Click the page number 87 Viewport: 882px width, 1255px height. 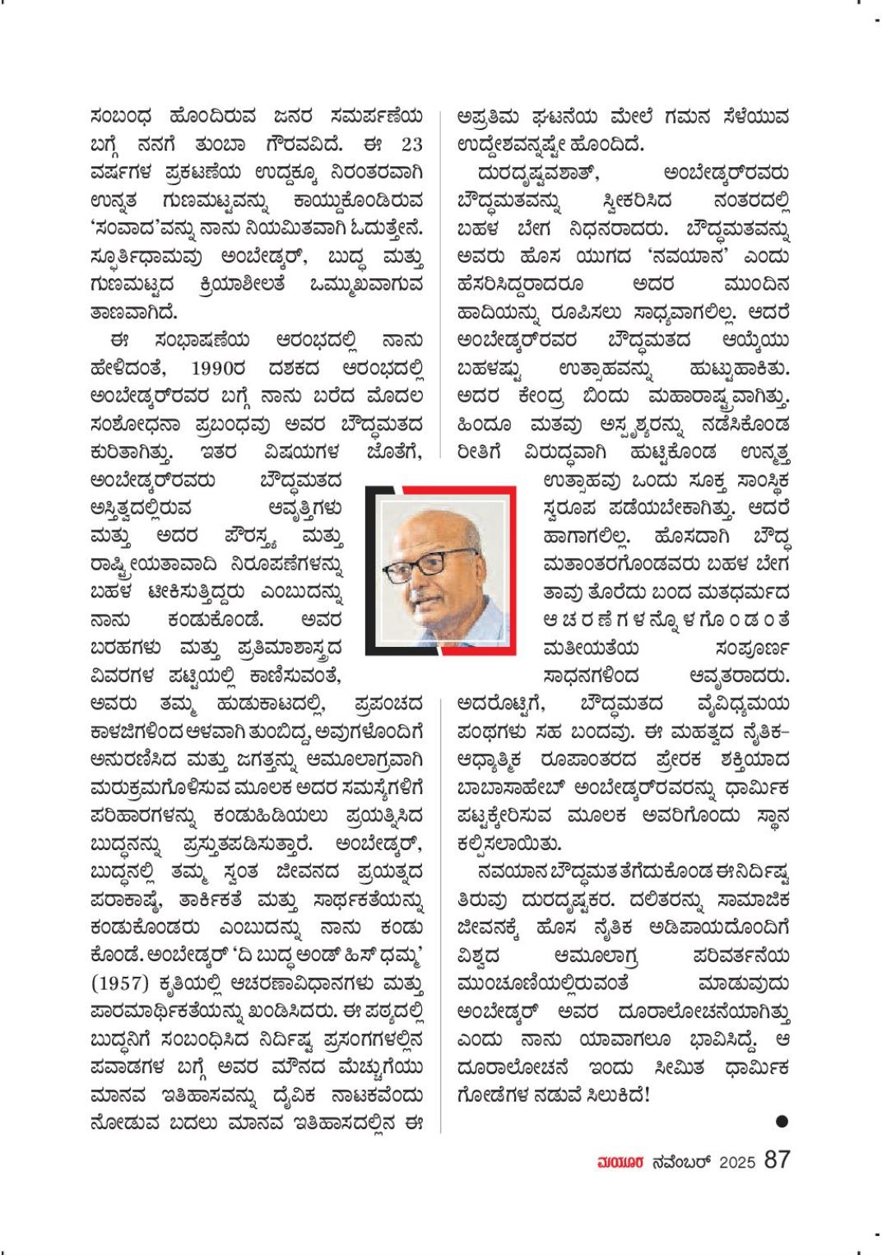777,1160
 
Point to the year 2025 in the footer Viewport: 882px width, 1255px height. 737,1162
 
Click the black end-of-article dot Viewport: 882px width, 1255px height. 782,1121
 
